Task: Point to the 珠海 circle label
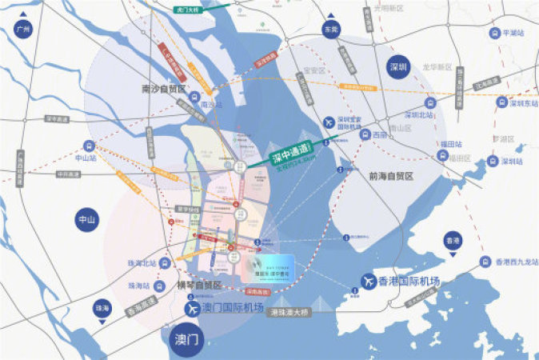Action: coord(102,307)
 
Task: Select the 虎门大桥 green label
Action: coord(190,10)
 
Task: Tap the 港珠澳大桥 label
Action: coord(290,312)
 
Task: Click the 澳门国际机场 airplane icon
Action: coord(193,307)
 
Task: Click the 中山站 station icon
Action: coord(88,147)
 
